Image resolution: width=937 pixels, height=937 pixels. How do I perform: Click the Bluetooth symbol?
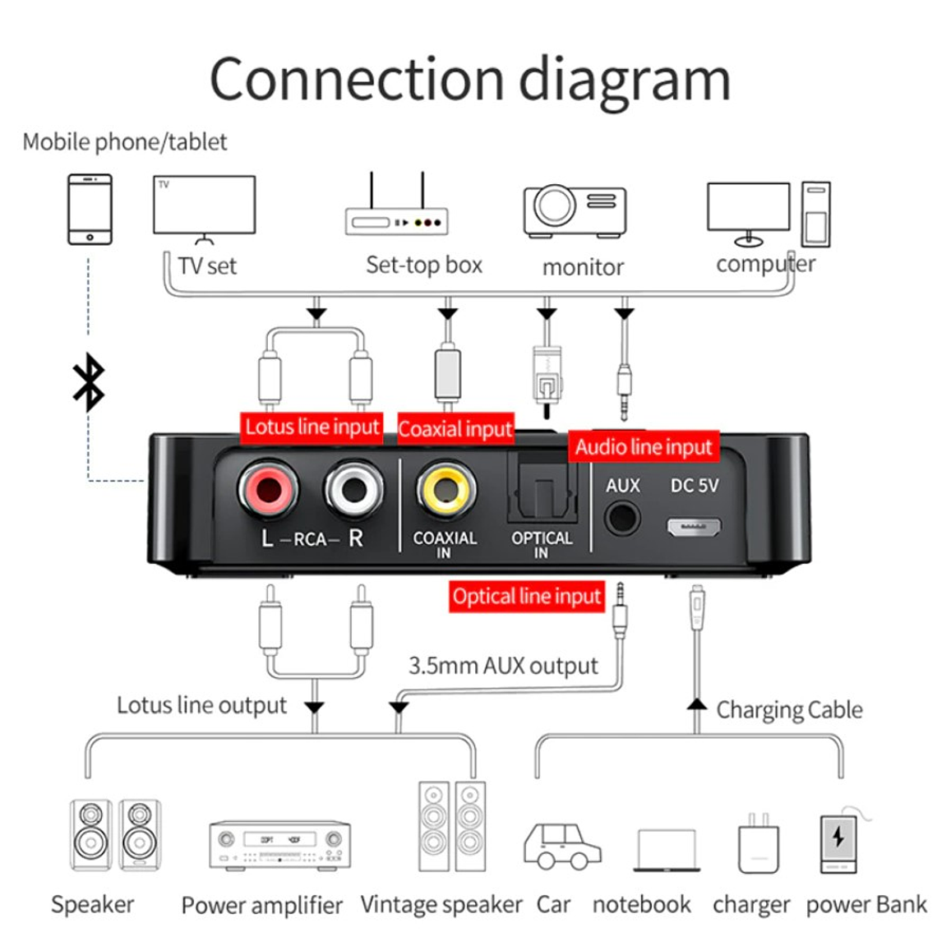89,382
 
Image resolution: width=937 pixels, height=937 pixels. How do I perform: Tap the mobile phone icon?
90,209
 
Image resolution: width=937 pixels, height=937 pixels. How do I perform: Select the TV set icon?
205,206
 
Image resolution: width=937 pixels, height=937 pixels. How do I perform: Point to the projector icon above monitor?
575,210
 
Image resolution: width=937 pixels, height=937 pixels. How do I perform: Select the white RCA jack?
354,490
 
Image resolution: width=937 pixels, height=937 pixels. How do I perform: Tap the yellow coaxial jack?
445,490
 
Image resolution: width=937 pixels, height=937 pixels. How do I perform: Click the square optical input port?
542,492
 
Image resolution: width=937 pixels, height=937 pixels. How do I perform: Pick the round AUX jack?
622,519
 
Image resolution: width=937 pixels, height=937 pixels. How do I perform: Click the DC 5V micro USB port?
693,526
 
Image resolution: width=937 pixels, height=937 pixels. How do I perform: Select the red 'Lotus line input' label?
312,427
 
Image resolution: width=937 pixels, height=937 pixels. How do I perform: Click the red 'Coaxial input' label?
455,429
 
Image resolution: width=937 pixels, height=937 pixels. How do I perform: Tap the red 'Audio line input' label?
643,447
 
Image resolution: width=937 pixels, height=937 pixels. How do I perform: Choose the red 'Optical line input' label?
527,597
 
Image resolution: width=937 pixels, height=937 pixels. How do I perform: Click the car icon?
562,847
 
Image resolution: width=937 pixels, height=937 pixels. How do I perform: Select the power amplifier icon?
279,845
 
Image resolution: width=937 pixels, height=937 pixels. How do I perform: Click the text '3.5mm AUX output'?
503,666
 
